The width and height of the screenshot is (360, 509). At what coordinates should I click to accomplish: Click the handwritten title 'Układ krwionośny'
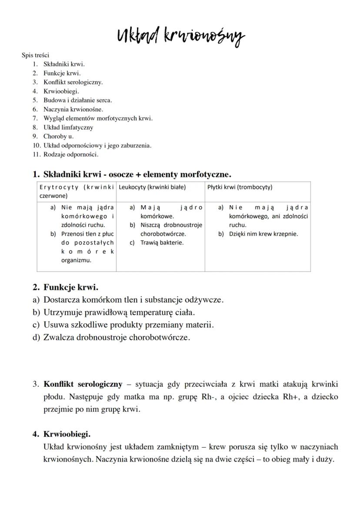point(180,37)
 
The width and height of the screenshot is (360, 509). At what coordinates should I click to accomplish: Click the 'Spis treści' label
point(35,55)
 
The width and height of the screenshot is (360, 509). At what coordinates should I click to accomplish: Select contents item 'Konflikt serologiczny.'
point(73,82)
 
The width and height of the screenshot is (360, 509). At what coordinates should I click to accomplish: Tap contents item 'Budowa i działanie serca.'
point(77,100)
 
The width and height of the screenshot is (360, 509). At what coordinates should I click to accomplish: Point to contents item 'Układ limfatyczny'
point(68,127)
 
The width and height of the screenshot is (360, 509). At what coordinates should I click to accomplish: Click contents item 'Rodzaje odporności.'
point(70,154)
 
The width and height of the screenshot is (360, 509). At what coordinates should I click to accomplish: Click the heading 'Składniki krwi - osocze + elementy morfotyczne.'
point(137,174)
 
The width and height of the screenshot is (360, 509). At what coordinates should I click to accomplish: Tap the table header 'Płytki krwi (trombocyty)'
point(240,187)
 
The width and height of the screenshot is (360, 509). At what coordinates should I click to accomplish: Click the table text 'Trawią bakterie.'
point(162,243)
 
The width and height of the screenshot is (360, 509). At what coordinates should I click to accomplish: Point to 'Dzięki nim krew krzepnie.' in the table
point(263,234)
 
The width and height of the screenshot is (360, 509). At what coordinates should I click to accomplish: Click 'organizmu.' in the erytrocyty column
point(76,260)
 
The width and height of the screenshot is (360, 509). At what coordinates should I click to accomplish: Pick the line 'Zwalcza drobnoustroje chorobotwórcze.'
point(117,337)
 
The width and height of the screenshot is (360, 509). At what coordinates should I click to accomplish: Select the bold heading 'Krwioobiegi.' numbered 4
point(67,434)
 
